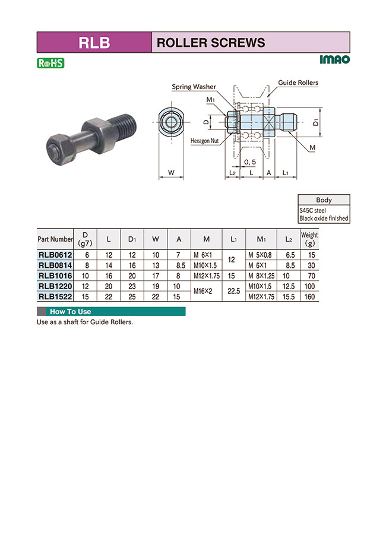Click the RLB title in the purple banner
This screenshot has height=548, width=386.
[x=94, y=43]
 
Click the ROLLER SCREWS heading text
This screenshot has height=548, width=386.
[x=210, y=43]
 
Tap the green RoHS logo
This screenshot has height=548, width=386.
[x=50, y=62]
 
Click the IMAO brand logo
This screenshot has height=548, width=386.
[x=334, y=59]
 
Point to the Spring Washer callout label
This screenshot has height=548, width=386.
[x=194, y=87]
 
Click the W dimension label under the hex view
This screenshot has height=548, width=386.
[x=171, y=173]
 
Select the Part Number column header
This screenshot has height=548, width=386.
[x=55, y=239]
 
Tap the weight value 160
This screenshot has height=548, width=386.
[x=309, y=296]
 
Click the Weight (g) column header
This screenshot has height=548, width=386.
[x=309, y=239]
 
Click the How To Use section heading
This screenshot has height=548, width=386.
[x=70, y=312]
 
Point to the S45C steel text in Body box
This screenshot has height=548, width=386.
[x=312, y=211]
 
